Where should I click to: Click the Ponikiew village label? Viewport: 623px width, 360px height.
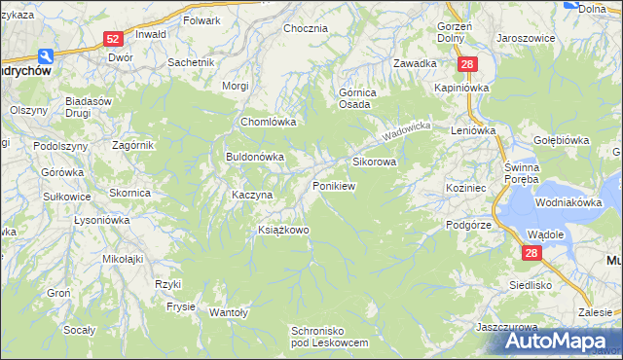[x=332, y=185]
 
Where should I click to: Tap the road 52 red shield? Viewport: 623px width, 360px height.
[x=114, y=38]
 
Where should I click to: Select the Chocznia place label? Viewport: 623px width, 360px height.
[x=305, y=28]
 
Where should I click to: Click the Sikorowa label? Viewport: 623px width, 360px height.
[x=374, y=162]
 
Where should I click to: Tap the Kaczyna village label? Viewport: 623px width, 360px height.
[x=251, y=195]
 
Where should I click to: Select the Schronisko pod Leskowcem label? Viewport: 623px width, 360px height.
[x=330, y=337]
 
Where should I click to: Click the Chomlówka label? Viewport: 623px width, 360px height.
[x=268, y=123]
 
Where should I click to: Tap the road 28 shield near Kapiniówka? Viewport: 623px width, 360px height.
[x=468, y=64]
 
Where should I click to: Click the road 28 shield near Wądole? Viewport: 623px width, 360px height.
[x=531, y=253]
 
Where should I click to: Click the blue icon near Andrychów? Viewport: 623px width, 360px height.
[x=44, y=57]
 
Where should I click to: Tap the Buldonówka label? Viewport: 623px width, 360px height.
[x=254, y=156]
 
